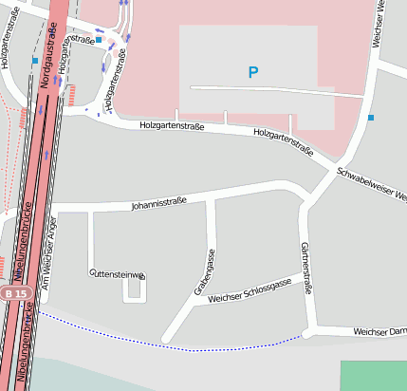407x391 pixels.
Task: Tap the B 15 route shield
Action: [x=13, y=294]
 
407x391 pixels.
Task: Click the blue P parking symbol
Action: [x=252, y=72]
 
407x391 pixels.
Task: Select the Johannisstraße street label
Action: [x=159, y=202]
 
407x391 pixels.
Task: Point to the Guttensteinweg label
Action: [x=117, y=274]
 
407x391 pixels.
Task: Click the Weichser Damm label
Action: [x=379, y=332]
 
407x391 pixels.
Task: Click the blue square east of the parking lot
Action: [x=371, y=118]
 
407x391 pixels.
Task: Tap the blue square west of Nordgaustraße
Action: [x=35, y=61]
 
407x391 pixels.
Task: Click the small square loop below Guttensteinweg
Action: [x=136, y=289]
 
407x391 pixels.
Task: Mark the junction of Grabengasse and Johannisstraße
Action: [x=210, y=200]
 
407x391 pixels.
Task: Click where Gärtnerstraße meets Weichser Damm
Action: [x=309, y=331]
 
